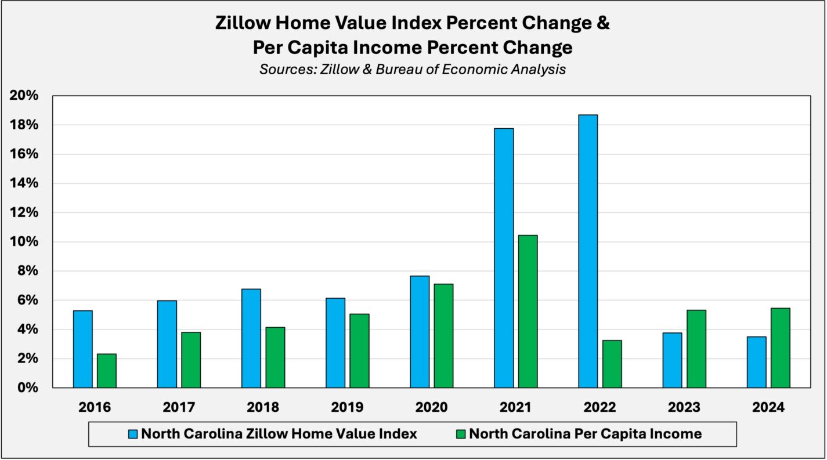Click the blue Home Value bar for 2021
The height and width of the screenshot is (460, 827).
(x=504, y=258)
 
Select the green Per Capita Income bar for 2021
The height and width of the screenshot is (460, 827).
(x=528, y=311)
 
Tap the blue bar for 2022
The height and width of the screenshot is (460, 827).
(x=588, y=251)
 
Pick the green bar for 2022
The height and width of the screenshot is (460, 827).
(x=612, y=364)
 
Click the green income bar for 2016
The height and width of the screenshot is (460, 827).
(x=106, y=371)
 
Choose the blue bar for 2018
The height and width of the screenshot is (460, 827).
(x=251, y=338)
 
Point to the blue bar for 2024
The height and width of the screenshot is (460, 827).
(x=756, y=362)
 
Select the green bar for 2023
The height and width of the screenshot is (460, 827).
(x=696, y=349)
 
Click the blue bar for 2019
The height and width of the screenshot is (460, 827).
(x=335, y=343)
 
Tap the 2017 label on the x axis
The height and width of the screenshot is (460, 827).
(x=179, y=407)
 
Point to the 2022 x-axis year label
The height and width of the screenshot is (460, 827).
(x=600, y=407)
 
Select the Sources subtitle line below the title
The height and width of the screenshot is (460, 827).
(x=413, y=69)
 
